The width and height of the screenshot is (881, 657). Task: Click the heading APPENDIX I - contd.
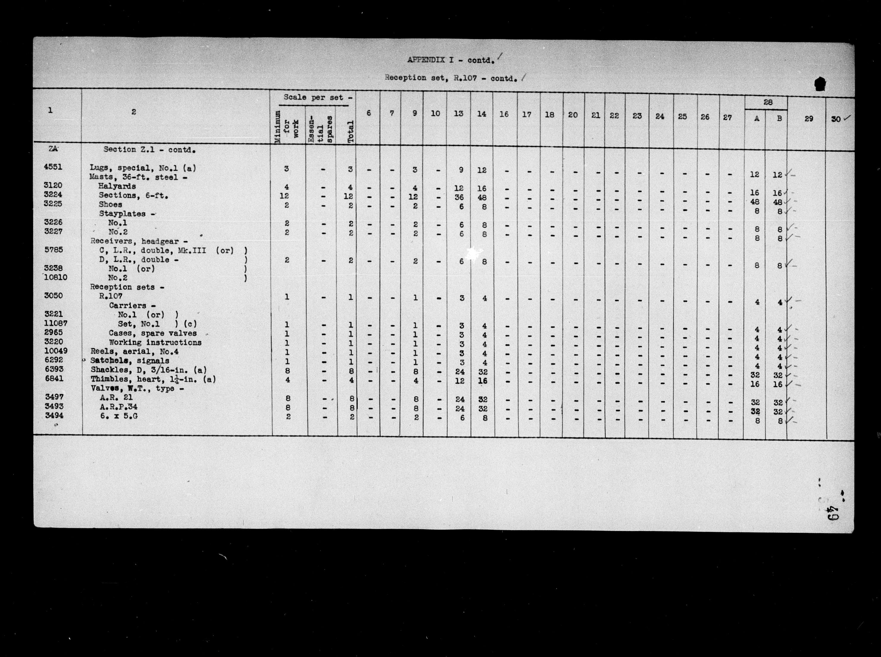[450, 60]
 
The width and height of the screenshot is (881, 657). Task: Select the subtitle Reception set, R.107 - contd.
[451, 78]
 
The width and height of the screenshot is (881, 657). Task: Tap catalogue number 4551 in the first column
[53, 167]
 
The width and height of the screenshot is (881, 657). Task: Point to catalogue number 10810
[55, 277]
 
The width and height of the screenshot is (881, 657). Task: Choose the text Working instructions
[155, 342]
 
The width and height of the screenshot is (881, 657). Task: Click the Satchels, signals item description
[130, 361]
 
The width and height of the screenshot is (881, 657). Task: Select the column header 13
[459, 114]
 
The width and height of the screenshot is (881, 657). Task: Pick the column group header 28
[768, 102]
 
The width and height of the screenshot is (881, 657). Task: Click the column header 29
[809, 118]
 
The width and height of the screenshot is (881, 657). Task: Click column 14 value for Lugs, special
[482, 170]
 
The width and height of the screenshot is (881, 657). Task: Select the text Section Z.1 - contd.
[149, 150]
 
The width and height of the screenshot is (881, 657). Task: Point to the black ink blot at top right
[820, 84]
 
